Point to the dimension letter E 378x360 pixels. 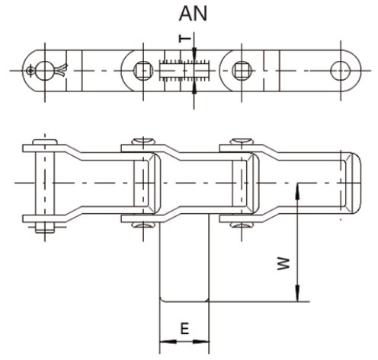[x=184, y=330]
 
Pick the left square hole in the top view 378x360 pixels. [x=142, y=70]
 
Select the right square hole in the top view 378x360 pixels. [x=241, y=70]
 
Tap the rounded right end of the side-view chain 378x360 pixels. [x=351, y=183]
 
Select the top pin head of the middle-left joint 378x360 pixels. [x=142, y=142]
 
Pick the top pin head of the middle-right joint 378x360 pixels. [x=241, y=142]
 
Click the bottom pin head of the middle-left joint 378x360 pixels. [x=142, y=223]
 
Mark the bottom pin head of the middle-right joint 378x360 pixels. [x=241, y=223]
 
